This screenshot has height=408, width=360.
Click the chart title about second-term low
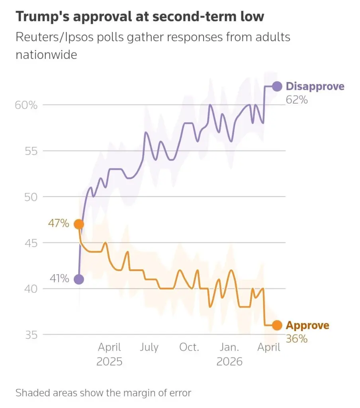[x=139, y=17]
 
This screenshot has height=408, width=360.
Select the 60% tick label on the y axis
[x=27, y=105]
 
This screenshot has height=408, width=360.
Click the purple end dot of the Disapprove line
[x=277, y=86]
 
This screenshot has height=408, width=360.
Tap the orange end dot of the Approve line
[x=277, y=326]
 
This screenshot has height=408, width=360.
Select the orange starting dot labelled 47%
[x=79, y=224]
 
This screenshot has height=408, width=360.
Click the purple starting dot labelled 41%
[x=79, y=279]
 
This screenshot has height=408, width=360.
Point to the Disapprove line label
[x=315, y=86]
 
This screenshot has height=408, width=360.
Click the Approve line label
[x=307, y=326]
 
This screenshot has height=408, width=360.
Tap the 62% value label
[x=297, y=100]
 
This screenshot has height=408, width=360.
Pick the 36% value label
[x=297, y=339]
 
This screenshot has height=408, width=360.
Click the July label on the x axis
[x=149, y=347]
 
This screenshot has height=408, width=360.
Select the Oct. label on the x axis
[x=189, y=347]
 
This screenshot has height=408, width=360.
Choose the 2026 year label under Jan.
[x=229, y=361]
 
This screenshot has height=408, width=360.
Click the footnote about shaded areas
[x=103, y=393]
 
